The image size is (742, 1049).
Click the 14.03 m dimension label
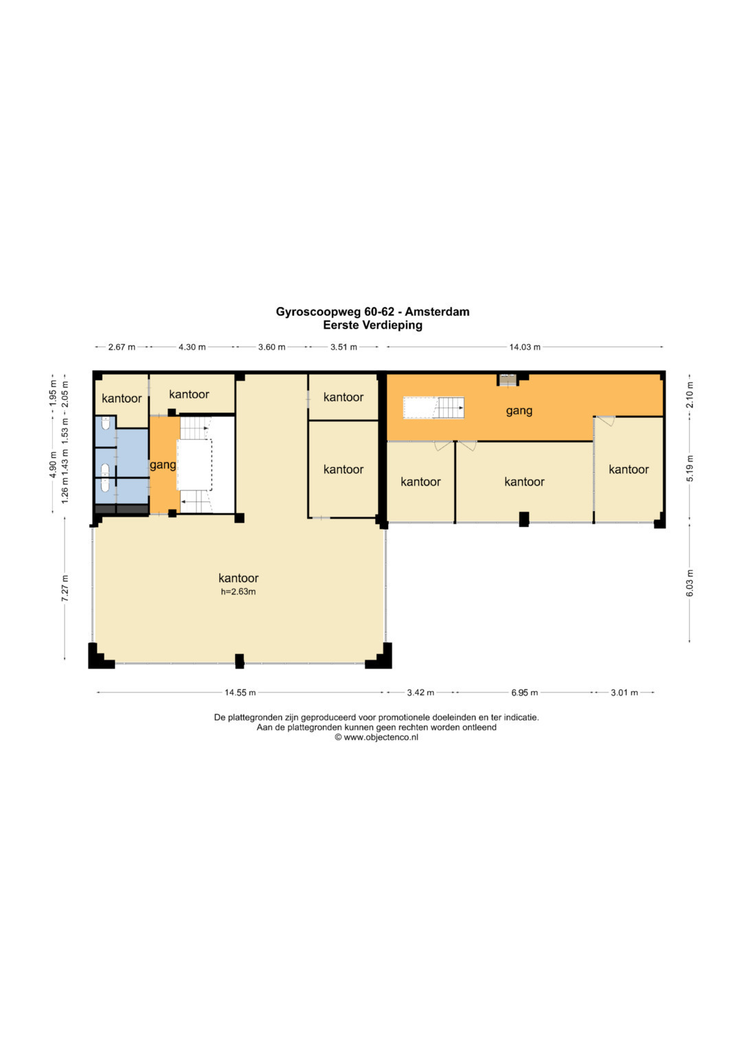525,347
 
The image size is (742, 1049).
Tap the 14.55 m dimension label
240,692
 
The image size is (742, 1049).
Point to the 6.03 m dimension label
690,583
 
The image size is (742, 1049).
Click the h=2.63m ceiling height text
238,591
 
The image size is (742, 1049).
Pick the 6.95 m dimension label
525,692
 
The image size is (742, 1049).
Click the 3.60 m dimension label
271,347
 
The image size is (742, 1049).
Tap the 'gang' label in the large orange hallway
519,411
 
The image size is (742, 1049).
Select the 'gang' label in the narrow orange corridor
163,465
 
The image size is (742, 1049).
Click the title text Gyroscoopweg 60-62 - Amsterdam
372,312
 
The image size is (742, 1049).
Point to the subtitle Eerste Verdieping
372,325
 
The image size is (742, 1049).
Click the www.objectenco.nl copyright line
376,737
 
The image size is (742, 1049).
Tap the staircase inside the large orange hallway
434,408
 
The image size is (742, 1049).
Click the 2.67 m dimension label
122,347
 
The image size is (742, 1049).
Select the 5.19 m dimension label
690,469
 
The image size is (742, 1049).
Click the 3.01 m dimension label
625,692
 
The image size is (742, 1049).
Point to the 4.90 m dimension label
53,465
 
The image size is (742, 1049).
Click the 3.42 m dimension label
420,692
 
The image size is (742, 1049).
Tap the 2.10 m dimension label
690,395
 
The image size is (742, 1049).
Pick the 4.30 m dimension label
192,347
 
